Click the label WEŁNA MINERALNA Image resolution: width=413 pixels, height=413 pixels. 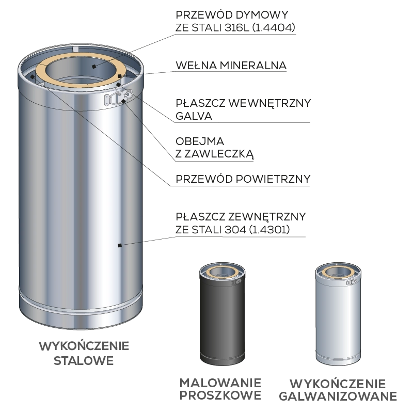tap(231, 66)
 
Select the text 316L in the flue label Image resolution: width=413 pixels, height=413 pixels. tap(237, 27)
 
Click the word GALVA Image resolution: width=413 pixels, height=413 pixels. tap(194, 116)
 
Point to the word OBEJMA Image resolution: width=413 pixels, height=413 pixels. tap(200, 141)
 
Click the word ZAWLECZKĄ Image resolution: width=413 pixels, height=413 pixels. tap(219, 154)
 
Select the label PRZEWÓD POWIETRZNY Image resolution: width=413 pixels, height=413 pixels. tap(243, 179)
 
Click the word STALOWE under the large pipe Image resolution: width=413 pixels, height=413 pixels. tap(84, 361)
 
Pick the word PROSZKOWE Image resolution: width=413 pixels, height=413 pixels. tap(220, 395)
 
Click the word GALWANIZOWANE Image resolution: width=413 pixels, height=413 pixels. tap(338, 396)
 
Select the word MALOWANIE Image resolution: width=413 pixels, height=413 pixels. tap(220, 383)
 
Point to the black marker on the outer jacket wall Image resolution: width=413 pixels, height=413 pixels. tap(120, 246)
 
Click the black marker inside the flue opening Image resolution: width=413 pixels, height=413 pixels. tap(94, 67)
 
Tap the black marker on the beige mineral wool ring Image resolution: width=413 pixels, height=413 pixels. tap(120, 76)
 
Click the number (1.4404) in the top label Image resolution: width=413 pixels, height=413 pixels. tap(274, 27)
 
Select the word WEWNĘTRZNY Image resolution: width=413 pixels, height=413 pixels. tap(269, 103)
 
